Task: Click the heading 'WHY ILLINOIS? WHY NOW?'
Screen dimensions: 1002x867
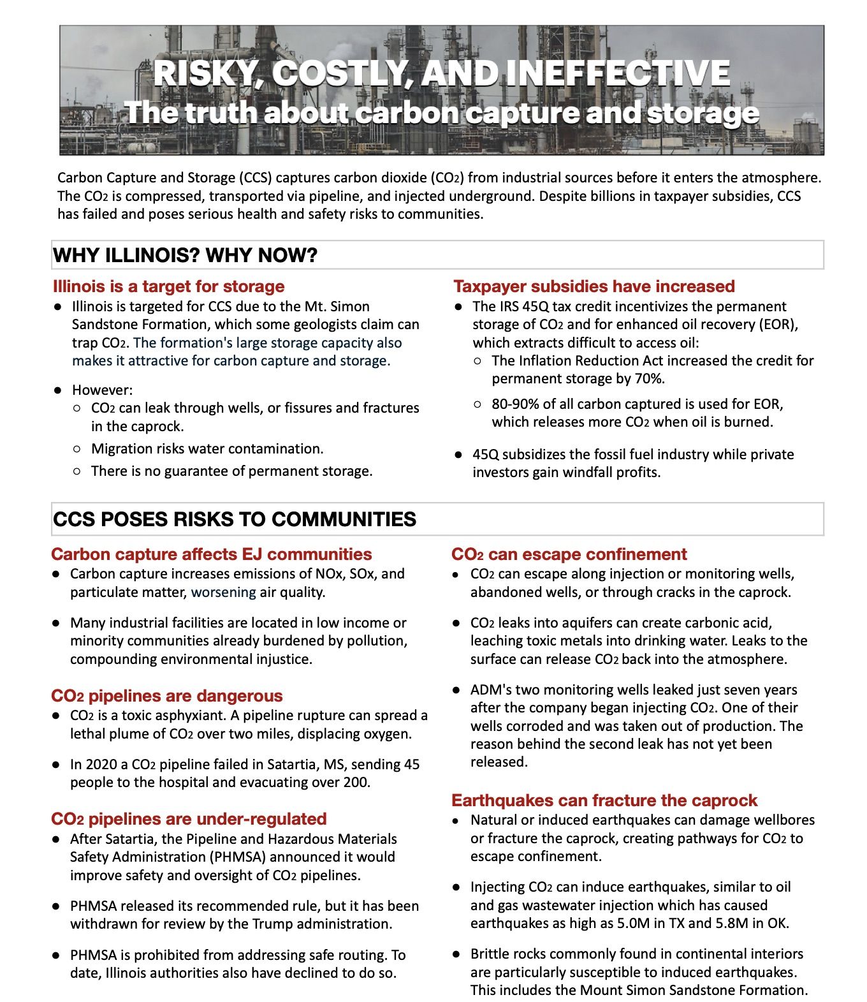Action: coord(185,256)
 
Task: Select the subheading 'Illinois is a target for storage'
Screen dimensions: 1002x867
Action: coord(168,286)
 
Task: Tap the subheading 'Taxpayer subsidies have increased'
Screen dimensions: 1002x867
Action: coord(594,286)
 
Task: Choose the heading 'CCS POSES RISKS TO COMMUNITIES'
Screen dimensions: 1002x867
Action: coord(235,519)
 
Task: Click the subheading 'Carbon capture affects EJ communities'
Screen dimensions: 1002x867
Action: coord(212,554)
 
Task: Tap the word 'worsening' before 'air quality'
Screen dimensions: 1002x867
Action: coord(223,593)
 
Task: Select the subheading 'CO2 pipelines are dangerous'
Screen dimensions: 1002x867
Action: coord(167,696)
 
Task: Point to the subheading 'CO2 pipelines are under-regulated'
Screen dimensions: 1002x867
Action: coord(189,819)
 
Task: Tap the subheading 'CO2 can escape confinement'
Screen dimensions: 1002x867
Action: coord(569,554)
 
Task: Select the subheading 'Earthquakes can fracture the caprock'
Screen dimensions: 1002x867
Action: coord(604,800)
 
